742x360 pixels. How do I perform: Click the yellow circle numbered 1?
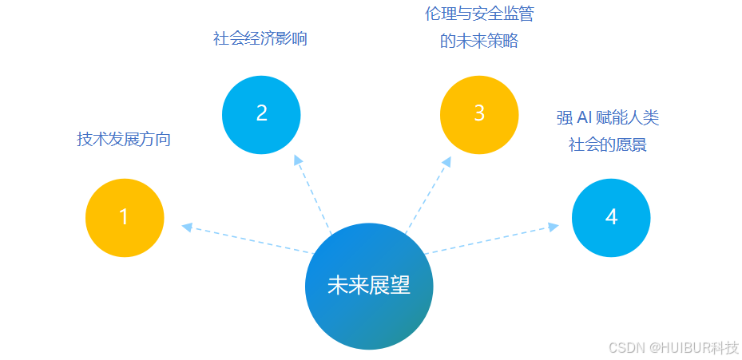click(125, 218)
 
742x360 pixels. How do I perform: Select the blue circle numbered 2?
click(261, 114)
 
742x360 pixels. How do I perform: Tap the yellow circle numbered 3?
click(479, 114)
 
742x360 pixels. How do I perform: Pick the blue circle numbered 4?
click(611, 217)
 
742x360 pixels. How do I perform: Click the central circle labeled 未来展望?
click(369, 286)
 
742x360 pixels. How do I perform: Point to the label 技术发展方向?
click(124, 139)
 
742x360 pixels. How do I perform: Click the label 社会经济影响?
click(260, 38)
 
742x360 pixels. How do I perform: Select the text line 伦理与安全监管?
click(479, 14)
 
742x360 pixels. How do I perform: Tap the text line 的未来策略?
click(479, 42)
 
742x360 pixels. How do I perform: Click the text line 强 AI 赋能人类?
click(608, 118)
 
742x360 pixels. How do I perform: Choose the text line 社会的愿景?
click(608, 145)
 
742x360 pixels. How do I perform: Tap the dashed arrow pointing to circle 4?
click(491, 240)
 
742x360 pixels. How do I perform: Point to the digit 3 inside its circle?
click(479, 114)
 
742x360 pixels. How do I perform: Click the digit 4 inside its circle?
click(611, 217)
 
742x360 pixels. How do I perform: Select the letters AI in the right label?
click(585, 118)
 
